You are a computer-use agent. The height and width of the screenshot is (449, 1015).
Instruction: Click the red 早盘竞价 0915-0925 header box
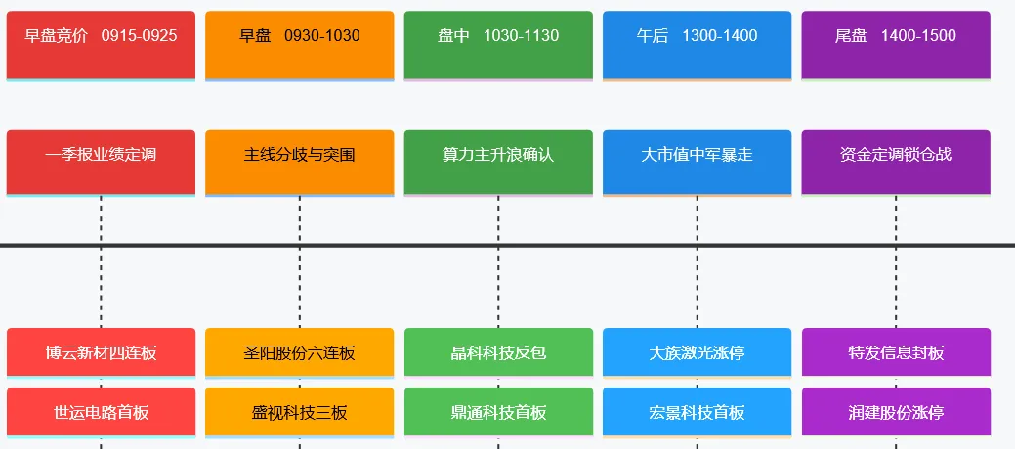[x=101, y=44]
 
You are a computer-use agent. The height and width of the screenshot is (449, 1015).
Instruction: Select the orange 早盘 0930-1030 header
[x=299, y=44]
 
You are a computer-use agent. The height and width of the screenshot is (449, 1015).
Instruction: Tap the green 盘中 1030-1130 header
[x=498, y=44]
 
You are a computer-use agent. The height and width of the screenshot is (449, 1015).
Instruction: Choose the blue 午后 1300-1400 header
[x=697, y=44]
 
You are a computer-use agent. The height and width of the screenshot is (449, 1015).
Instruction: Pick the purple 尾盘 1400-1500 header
[x=896, y=44]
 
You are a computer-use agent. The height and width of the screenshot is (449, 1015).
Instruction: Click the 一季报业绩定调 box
[x=101, y=161]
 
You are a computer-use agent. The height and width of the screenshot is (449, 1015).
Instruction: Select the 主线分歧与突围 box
[x=299, y=161]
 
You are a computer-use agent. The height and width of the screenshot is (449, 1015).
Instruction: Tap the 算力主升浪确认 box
[x=498, y=161]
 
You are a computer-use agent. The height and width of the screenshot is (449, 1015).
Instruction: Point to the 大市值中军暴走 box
[x=697, y=161]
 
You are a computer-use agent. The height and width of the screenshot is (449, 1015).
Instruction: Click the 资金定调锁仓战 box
[x=896, y=161]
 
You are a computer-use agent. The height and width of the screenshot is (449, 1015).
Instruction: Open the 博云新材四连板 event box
[x=101, y=352]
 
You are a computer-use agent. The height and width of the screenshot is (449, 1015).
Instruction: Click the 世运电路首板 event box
[x=101, y=412]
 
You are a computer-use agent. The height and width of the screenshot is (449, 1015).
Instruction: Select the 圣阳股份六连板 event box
[x=299, y=352]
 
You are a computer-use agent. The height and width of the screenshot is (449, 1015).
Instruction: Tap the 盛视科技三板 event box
[x=299, y=412]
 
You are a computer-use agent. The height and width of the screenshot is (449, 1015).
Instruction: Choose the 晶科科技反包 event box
[x=498, y=352]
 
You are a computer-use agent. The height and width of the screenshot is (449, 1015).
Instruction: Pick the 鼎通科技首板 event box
[x=498, y=412]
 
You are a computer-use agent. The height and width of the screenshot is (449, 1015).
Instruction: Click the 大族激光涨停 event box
[x=697, y=352]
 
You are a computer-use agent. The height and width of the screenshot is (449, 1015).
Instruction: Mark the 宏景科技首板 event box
[x=697, y=412]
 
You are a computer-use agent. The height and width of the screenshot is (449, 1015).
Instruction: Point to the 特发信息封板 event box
[x=896, y=352]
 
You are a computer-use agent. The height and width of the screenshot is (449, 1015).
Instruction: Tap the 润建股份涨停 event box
[x=896, y=412]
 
